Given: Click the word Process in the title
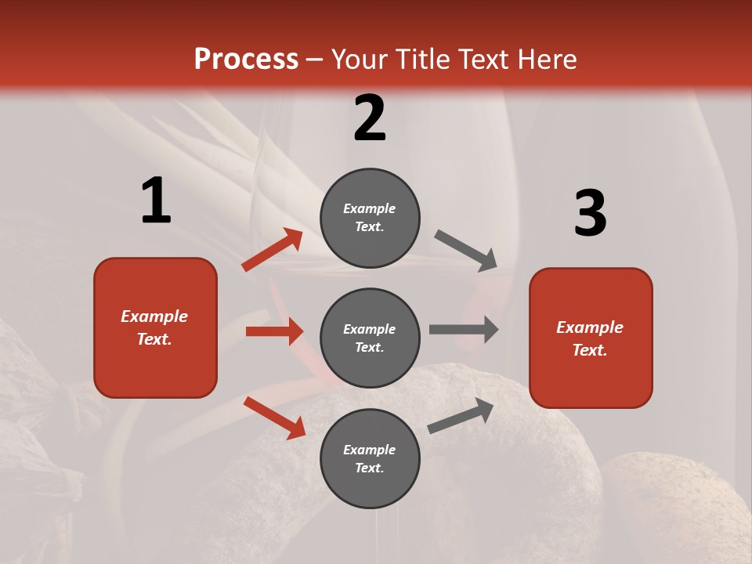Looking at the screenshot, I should point(246,60).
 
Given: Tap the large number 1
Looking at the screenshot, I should point(156,201).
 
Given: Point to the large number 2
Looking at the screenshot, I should point(370,118).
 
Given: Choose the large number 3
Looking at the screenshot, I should point(590,213).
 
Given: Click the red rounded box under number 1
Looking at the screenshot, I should point(155,327).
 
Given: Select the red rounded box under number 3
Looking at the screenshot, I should point(591,338).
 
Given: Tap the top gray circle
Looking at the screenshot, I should point(370,218).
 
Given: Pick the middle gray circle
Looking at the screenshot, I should point(370,338).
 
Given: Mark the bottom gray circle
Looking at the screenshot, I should point(370,459).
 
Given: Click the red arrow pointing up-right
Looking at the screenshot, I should point(273,250).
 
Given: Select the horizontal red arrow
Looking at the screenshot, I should point(274,331).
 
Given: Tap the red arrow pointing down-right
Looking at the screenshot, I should point(274,418).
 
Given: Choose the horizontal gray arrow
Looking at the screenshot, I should point(464,330).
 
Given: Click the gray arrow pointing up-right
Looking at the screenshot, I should point(461,415).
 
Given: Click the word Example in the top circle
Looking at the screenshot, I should point(370,208).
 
